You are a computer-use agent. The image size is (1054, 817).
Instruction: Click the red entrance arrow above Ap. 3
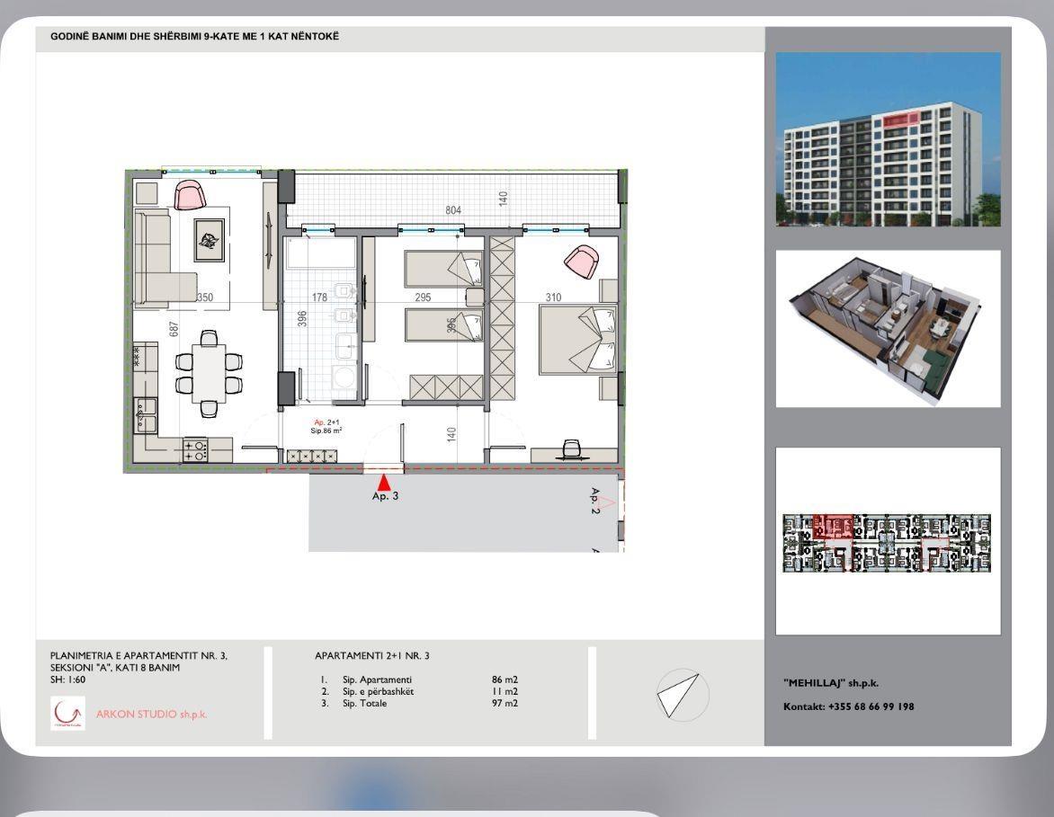(384, 483)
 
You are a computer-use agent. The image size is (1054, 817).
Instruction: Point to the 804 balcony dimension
(453, 210)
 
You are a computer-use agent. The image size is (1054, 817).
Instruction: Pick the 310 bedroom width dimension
(554, 297)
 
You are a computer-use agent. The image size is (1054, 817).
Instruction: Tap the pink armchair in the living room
(188, 194)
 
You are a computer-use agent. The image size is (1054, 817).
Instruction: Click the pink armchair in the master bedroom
(580, 261)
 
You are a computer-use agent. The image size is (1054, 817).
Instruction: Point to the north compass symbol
(683, 694)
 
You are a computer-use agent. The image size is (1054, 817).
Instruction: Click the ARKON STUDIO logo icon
(67, 713)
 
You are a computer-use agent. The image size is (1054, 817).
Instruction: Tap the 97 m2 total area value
(505, 703)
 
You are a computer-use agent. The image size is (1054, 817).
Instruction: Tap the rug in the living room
(209, 241)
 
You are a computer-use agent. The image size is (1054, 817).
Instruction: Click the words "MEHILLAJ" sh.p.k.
(830, 683)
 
